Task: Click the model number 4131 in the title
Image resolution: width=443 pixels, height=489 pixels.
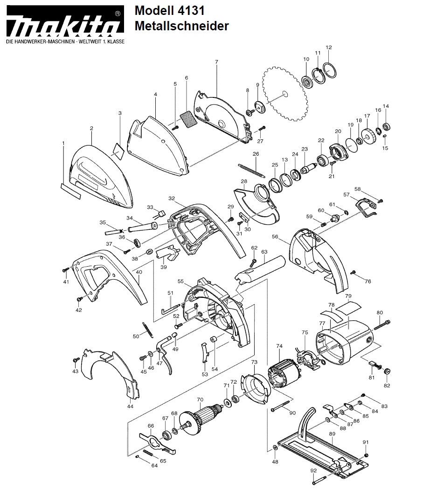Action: pyautogui.click(x=191, y=11)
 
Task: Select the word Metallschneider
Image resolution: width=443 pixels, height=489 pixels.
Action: pyautogui.click(x=181, y=26)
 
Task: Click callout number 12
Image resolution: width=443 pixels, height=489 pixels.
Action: pyautogui.click(x=329, y=48)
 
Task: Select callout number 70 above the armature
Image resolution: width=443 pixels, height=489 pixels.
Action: pyautogui.click(x=200, y=399)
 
